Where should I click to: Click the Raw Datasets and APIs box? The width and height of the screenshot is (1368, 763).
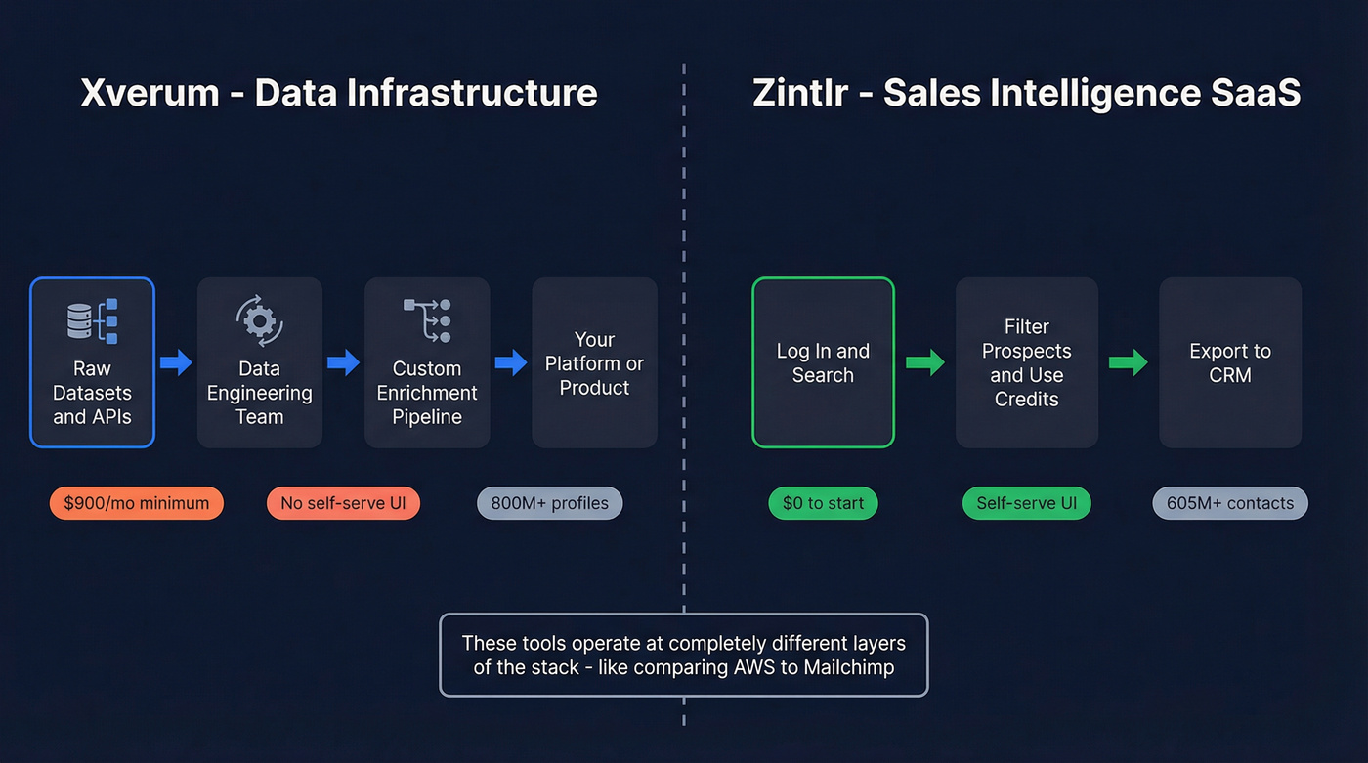click(92, 362)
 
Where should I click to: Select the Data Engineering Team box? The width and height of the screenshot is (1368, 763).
click(259, 362)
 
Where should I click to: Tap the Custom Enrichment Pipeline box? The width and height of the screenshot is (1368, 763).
click(426, 362)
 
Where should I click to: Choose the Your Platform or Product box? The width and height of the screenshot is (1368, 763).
click(594, 362)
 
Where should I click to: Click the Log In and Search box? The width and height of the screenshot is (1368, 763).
click(823, 362)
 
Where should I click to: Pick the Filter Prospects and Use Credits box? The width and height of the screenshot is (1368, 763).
click(1026, 362)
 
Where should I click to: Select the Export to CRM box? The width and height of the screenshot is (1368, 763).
click(1230, 362)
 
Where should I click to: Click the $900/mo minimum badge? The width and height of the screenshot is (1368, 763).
click(137, 504)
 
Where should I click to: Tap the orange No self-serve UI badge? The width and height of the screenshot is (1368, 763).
click(343, 504)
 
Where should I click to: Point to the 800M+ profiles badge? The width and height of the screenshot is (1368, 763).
click(549, 504)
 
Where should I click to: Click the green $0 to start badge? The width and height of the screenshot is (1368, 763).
click(823, 504)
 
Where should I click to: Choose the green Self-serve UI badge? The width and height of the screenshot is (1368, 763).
click(1026, 504)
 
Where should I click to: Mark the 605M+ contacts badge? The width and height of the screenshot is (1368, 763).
click(1230, 504)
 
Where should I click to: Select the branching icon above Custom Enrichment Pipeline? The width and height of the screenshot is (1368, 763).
click(427, 320)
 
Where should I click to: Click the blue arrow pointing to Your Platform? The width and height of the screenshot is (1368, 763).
click(511, 363)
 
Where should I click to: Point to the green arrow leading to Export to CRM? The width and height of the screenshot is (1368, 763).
click(1128, 363)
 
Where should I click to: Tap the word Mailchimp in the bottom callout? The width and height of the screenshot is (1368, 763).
click(848, 668)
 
